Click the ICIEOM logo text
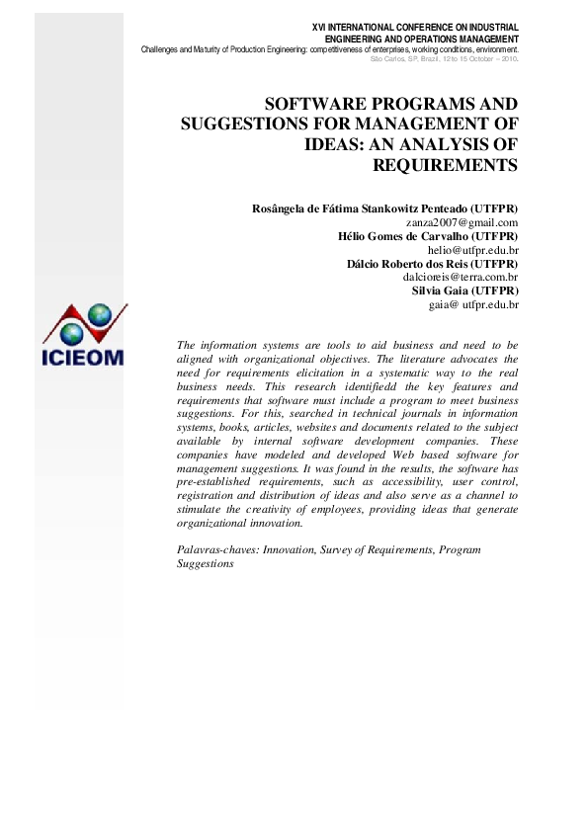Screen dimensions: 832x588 (x=84, y=356)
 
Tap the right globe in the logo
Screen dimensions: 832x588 (x=100, y=314)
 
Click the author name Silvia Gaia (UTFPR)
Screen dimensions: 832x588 (x=464, y=291)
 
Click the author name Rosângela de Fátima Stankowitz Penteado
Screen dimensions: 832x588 (x=385, y=209)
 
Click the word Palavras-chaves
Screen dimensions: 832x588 (x=217, y=547)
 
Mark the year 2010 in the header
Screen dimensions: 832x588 (x=507, y=59)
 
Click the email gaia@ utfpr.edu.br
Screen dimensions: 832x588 (x=473, y=305)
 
